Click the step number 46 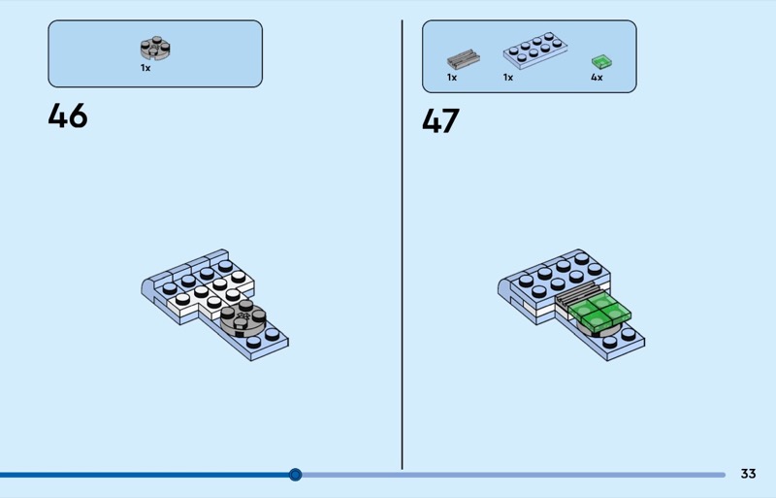[x=68, y=116]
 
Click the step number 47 [x=441, y=121]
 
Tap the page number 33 [x=748, y=474]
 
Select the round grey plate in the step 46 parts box [x=153, y=48]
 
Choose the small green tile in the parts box [x=598, y=62]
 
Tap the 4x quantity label [x=597, y=78]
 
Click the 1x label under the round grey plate [x=145, y=69]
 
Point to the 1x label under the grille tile [x=452, y=78]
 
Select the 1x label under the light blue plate [x=508, y=78]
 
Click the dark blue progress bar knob [x=296, y=475]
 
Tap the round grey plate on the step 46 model [x=242, y=319]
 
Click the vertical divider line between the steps [x=403, y=243]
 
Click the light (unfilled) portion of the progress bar [x=514, y=475]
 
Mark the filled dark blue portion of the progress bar [x=145, y=475]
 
